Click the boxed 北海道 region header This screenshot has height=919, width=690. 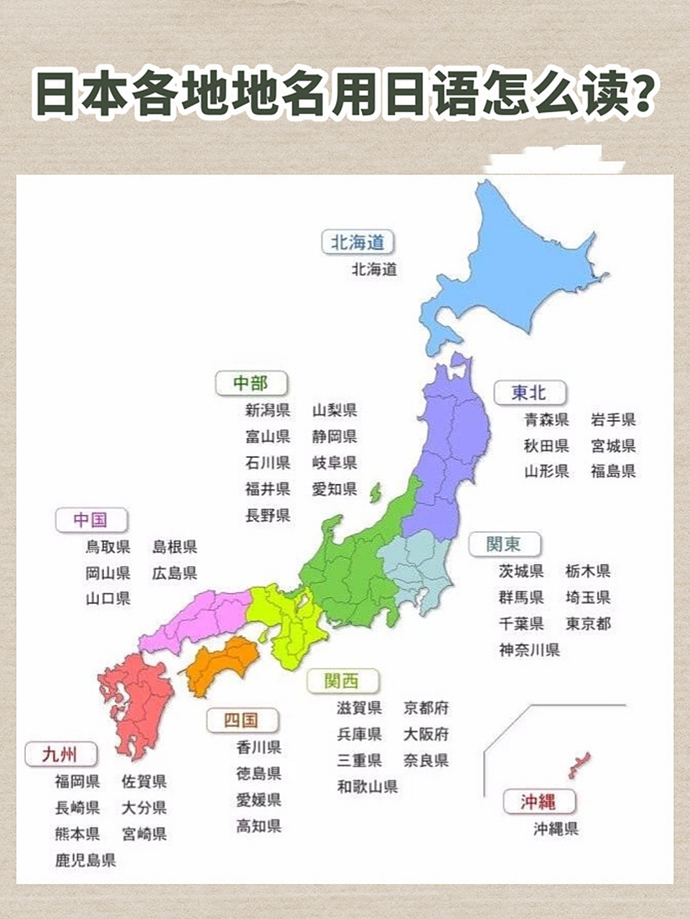(358, 243)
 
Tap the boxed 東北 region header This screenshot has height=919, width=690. (529, 393)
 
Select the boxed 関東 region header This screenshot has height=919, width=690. (503, 544)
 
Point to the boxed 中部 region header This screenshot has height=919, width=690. (251, 383)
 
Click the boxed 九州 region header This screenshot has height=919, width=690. (60, 755)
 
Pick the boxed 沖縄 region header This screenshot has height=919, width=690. (539, 801)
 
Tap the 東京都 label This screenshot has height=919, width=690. (588, 623)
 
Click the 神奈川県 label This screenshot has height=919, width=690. (529, 650)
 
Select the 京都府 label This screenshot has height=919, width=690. (426, 708)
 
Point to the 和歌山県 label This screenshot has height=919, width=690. (367, 786)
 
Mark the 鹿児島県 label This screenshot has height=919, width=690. (85, 859)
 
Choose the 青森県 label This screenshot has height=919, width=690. (546, 419)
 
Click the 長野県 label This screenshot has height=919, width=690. (268, 515)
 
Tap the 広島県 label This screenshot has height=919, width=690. (174, 573)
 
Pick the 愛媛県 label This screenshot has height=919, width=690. (258, 800)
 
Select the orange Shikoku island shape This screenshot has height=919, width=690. (223, 662)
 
